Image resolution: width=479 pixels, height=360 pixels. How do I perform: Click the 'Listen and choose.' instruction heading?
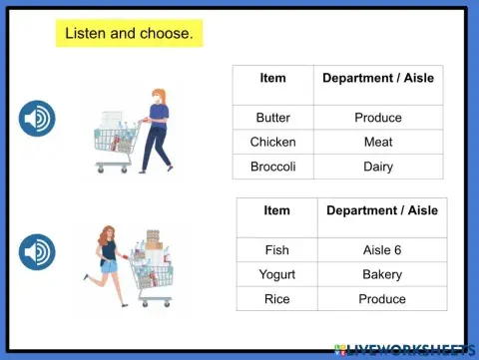(x=129, y=34)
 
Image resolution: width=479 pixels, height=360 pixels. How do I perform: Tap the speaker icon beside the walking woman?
(x=37, y=119)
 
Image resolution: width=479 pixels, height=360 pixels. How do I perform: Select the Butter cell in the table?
(x=272, y=117)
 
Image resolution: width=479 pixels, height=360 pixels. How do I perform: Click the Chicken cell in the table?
(x=272, y=142)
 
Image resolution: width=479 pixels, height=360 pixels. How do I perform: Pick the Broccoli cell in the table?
(x=272, y=167)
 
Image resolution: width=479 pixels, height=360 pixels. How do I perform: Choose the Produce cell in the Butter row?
(x=378, y=117)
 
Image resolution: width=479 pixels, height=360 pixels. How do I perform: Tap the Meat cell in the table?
(x=378, y=142)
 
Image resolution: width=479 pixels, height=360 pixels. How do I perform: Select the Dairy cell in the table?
(x=378, y=167)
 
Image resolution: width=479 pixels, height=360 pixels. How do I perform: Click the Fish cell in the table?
(x=276, y=249)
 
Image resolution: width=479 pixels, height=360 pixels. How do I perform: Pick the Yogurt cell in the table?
(x=276, y=274)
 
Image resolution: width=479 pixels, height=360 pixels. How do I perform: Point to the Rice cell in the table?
(x=276, y=299)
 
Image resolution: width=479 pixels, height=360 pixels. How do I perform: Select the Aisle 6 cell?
(x=382, y=249)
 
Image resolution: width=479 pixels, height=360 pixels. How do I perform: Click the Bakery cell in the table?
(x=382, y=274)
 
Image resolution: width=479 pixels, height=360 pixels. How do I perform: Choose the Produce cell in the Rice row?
(x=382, y=299)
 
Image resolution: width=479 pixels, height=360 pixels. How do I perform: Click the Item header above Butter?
(x=272, y=78)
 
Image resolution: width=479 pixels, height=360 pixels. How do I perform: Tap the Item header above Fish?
(x=276, y=210)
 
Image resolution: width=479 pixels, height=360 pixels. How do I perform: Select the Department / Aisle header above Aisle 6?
(x=382, y=210)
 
